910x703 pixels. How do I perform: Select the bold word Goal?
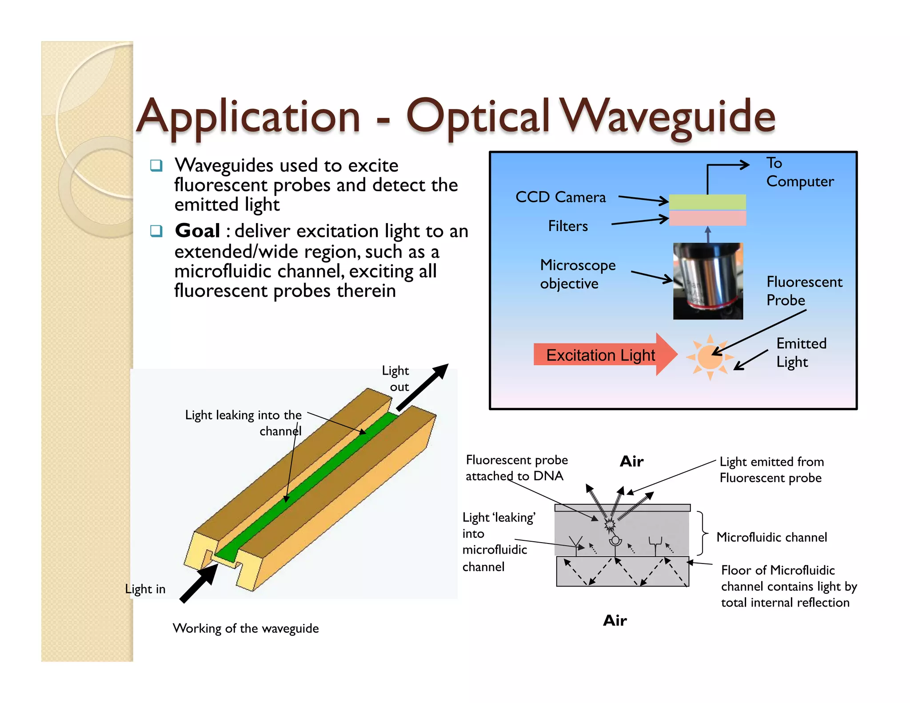[197, 231]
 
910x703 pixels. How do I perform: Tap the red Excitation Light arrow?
[604, 355]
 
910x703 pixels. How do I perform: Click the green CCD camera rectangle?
[707, 202]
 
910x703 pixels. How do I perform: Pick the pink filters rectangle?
[707, 218]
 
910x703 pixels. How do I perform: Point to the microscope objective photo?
[708, 281]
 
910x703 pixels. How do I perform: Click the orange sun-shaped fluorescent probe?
[710, 357]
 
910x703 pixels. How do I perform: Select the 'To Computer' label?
[799, 172]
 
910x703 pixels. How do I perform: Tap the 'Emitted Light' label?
[801, 352]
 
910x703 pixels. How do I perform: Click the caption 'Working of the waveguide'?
[246, 628]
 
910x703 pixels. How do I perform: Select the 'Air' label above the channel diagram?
[631, 461]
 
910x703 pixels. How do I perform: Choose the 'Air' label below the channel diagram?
[615, 620]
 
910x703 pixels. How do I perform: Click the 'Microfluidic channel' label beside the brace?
[771, 537]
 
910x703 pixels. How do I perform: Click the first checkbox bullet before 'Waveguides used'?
[156, 166]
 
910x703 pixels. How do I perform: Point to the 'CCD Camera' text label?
[560, 197]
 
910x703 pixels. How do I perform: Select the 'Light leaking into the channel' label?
[243, 423]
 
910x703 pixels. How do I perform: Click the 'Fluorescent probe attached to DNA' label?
[516, 467]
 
